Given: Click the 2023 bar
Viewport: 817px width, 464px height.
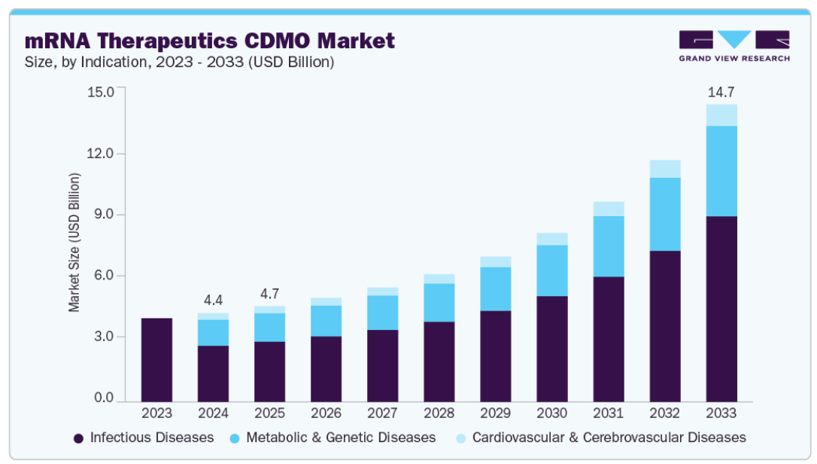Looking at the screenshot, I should (x=156, y=359).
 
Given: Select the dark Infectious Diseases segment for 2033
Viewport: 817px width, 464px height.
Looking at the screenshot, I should (x=721, y=309).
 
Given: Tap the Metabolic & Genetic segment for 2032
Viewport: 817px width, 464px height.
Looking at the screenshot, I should (x=665, y=215).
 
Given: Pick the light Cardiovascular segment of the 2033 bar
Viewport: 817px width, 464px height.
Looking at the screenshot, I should (x=721, y=115).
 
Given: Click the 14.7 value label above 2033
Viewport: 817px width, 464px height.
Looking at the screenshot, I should (x=721, y=93).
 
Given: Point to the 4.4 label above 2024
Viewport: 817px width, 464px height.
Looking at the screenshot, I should (x=213, y=300).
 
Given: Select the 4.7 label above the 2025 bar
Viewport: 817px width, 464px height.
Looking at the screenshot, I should (x=269, y=293).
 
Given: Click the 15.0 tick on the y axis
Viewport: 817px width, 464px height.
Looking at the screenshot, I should (x=101, y=92).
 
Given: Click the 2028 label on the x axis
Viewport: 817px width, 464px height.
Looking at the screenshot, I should (x=439, y=414).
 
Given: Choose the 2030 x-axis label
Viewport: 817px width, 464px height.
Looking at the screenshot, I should (x=551, y=414).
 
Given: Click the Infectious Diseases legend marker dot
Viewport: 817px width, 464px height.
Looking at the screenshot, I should (x=78, y=438).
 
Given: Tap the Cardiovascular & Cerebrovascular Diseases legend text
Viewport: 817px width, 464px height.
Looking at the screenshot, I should (x=609, y=438).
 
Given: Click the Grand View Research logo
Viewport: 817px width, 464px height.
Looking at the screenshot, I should (x=733, y=46).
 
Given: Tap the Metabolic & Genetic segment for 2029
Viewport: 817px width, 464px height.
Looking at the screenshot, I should (x=495, y=288).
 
